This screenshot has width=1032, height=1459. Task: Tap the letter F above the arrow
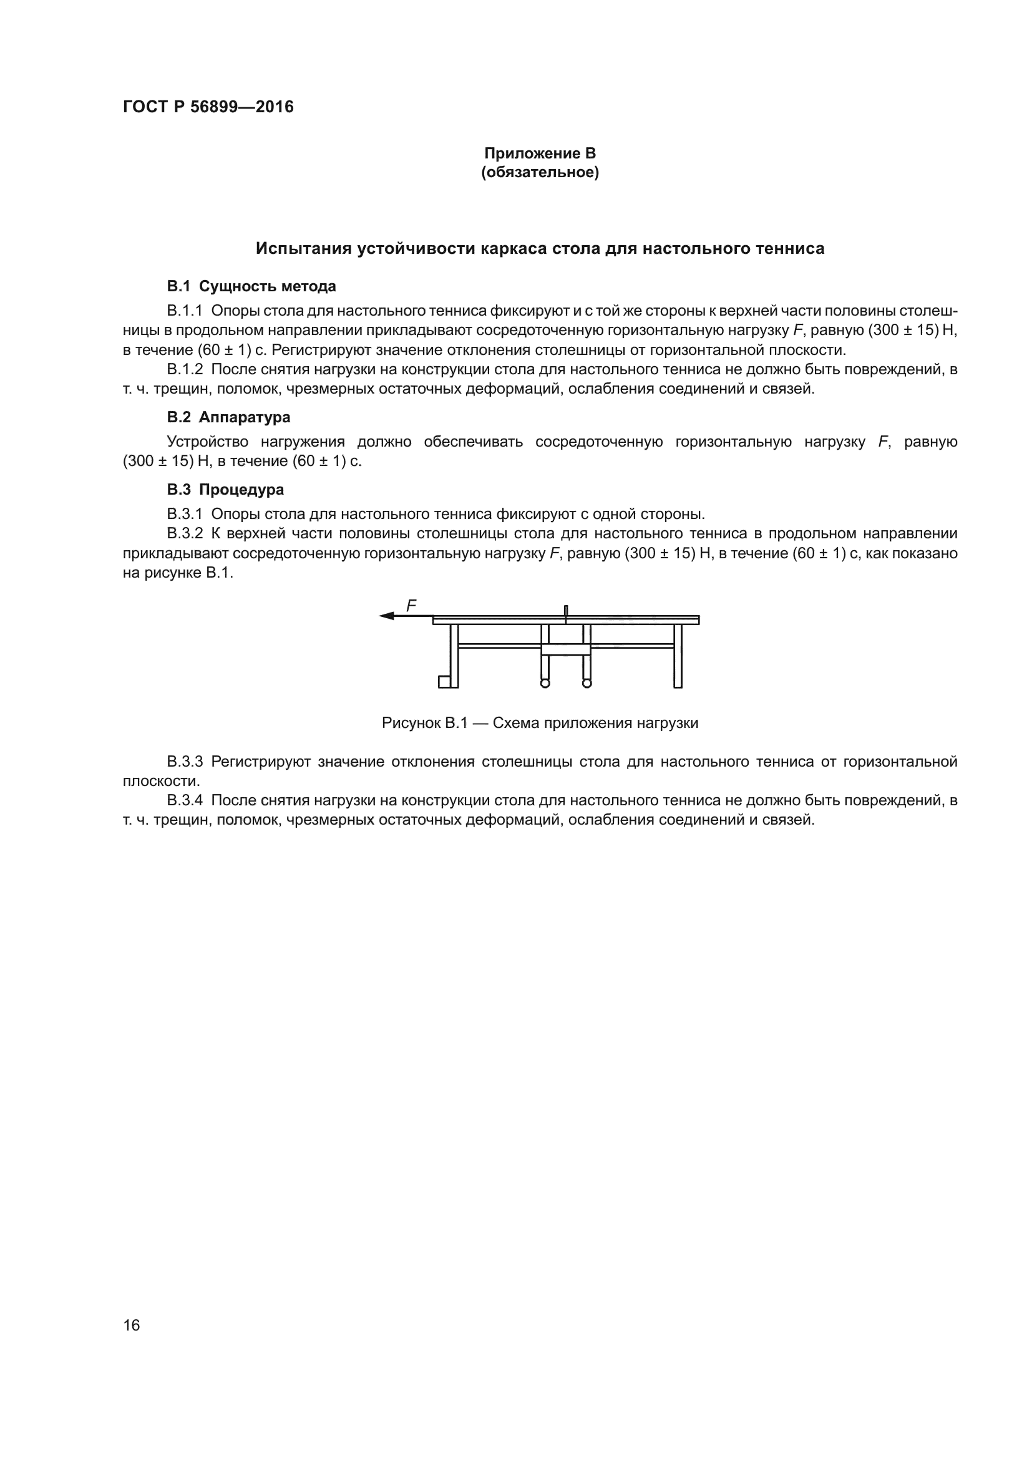point(411,606)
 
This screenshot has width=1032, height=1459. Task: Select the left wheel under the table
point(545,683)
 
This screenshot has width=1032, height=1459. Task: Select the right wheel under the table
point(587,683)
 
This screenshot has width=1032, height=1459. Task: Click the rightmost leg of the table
point(678,655)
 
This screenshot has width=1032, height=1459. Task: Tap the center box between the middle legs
point(565,649)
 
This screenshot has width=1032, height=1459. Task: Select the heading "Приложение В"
point(540,153)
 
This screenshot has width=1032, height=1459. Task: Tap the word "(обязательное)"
point(540,172)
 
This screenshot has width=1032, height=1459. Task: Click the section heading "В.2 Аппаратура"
point(229,417)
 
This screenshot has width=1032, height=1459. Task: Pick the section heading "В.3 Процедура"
point(226,489)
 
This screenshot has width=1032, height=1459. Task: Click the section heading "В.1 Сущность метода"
point(251,286)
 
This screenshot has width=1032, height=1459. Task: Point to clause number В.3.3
point(184,761)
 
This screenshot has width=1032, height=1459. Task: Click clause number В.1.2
point(184,369)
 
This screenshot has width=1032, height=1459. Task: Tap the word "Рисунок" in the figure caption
point(411,722)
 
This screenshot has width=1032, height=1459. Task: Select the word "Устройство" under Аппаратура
point(207,442)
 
